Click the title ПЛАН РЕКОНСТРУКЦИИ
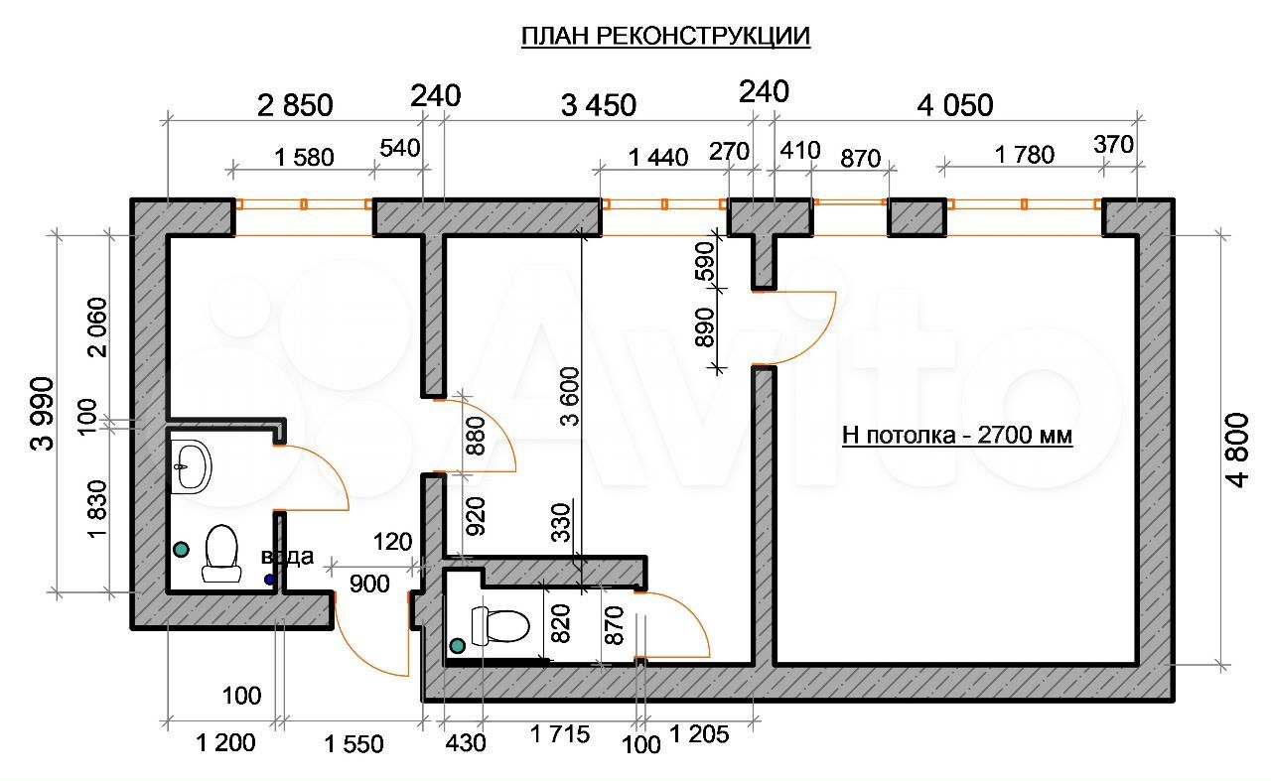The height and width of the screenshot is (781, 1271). click(x=665, y=37)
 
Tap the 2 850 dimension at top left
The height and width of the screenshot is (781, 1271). click(x=295, y=104)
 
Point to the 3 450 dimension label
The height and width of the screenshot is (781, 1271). click(x=599, y=104)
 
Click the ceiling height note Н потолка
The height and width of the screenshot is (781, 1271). click(x=957, y=435)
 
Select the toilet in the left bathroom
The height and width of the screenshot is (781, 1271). click(x=221, y=553)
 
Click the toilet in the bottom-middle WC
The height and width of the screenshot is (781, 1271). click(x=499, y=625)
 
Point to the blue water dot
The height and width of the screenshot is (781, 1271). click(x=269, y=579)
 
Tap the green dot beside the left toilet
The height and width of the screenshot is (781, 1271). click(x=181, y=548)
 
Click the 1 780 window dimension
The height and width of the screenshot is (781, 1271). click(x=1024, y=154)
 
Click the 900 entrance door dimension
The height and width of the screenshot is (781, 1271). click(x=369, y=585)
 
